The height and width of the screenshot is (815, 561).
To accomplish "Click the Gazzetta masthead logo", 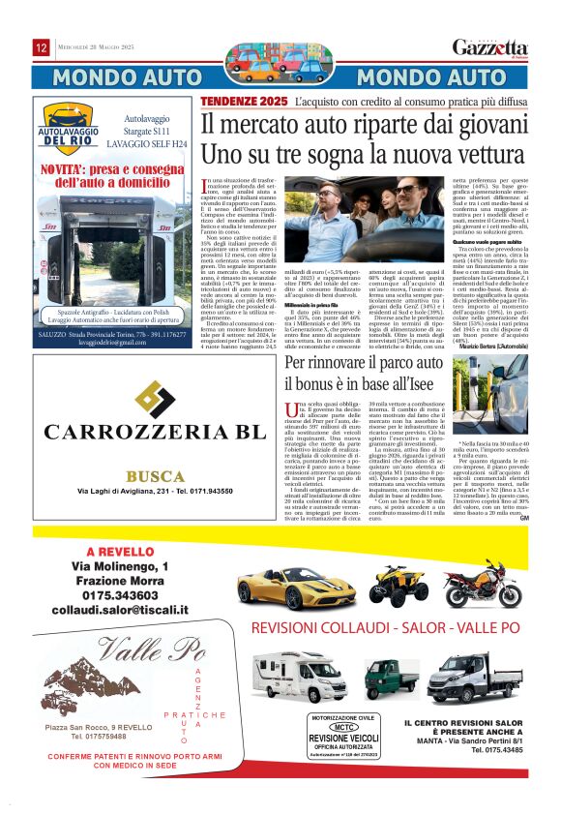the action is click(490, 48).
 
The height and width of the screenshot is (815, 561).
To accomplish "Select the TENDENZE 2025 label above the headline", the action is click(245, 102).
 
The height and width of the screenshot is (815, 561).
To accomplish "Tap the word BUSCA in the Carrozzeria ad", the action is click(155, 476).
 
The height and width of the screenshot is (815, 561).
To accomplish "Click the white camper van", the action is click(298, 675).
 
